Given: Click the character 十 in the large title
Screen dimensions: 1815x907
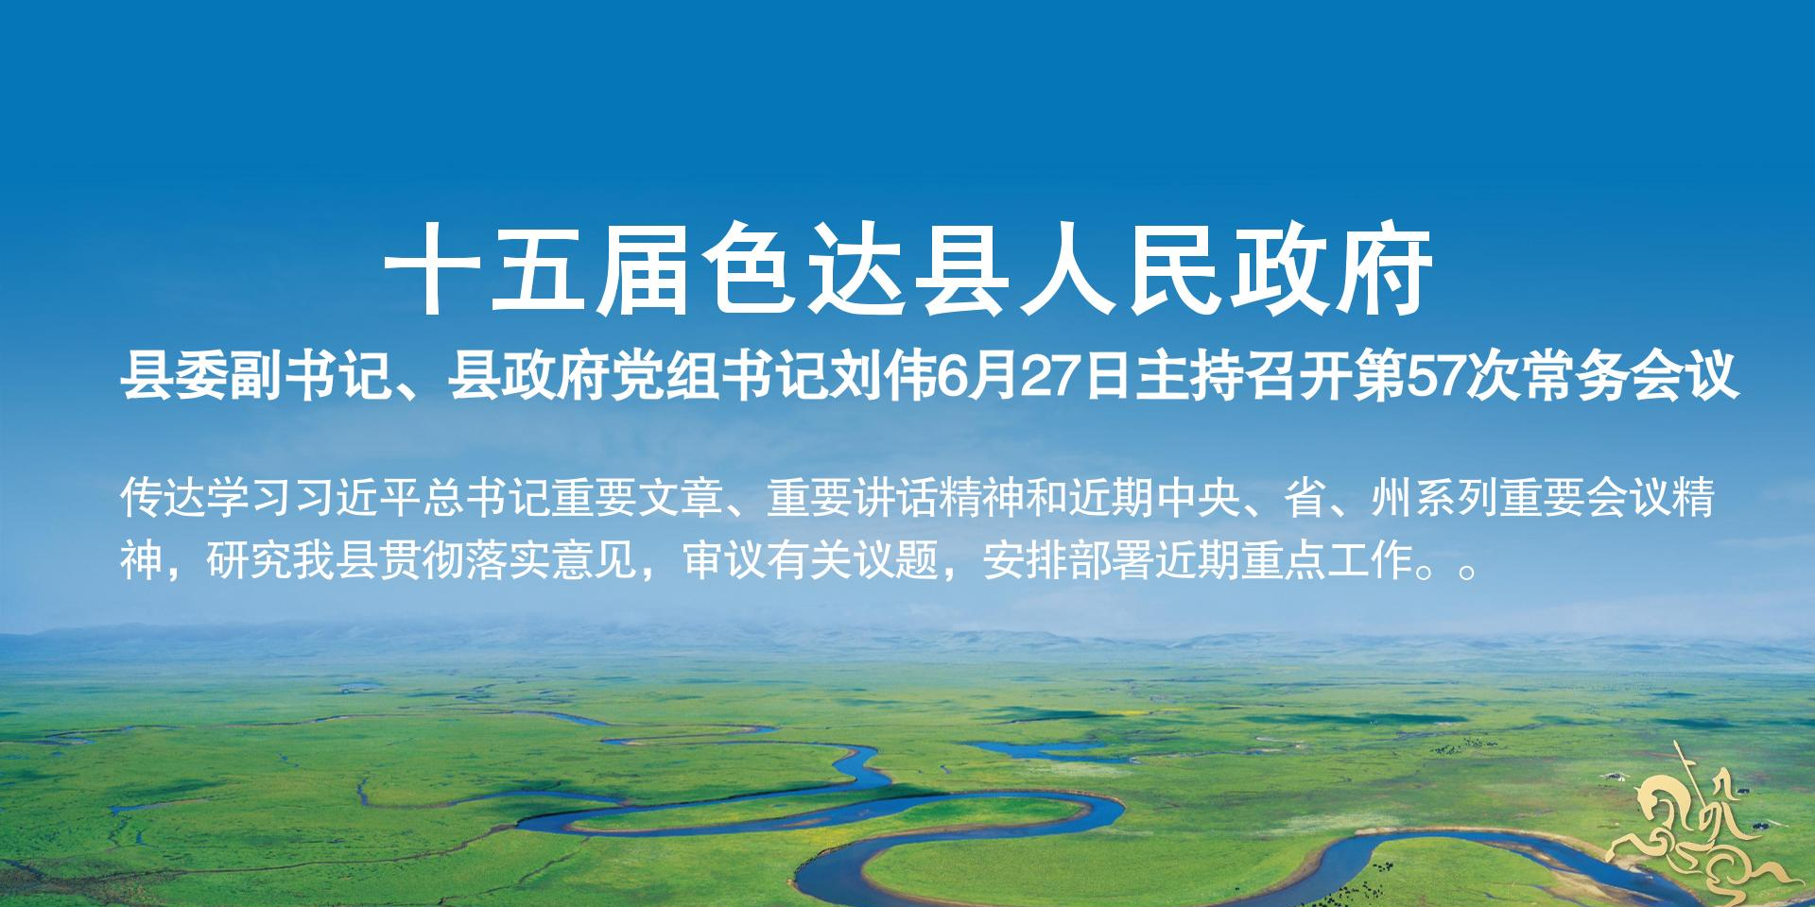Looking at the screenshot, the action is (430, 269).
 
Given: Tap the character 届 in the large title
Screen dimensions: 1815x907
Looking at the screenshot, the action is (642, 269).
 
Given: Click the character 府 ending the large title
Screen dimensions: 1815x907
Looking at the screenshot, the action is (1383, 269).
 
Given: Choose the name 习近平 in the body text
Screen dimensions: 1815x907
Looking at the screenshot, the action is (357, 498).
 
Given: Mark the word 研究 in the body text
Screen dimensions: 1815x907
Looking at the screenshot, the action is (249, 560).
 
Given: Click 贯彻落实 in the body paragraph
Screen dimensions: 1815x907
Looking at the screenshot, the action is (464, 560).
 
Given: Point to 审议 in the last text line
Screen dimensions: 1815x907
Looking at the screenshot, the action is (724, 560).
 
